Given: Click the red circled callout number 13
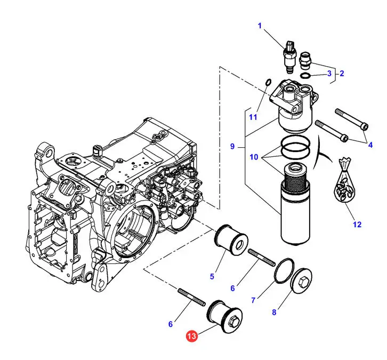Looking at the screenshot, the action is (192, 336).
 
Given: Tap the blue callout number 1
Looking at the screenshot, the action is (260, 26).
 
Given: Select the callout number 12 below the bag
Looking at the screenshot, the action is (357, 224).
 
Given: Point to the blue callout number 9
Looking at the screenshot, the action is (232, 146).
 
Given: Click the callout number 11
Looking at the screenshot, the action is (253, 117).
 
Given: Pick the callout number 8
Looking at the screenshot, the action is (274, 312).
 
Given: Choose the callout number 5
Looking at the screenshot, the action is (212, 276).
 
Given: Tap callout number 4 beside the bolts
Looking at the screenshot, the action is (370, 145).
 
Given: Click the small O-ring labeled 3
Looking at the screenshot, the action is (305, 75).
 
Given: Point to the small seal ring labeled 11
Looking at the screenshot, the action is (268, 82).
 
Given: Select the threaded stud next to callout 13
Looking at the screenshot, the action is (191, 297).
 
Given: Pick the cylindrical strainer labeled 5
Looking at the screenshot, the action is (231, 239).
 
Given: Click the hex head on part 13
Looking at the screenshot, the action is (233, 321).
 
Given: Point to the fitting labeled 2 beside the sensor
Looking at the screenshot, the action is (305, 60).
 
